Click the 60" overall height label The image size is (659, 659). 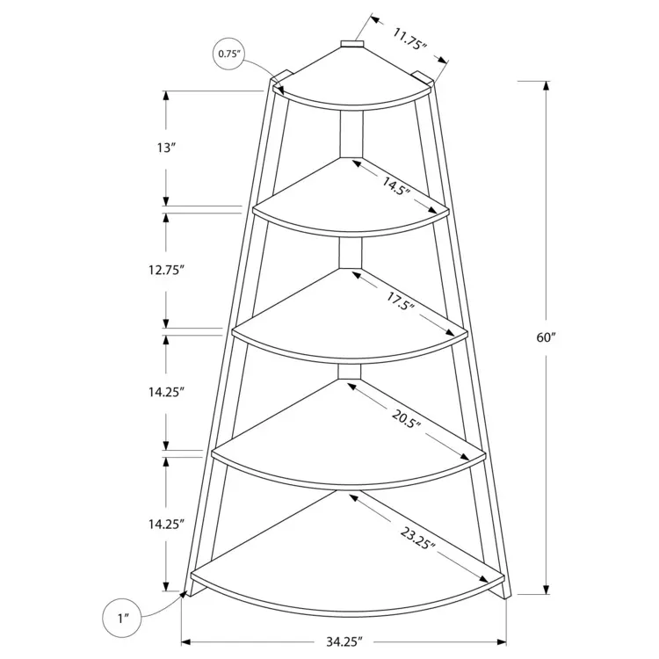546,337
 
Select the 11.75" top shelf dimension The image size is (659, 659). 409,39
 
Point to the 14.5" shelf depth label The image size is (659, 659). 395,185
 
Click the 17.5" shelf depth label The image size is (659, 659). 401,301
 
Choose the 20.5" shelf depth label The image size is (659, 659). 406,417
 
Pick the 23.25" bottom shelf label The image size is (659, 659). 417,539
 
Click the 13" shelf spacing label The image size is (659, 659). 165,148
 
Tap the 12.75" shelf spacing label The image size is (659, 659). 166,270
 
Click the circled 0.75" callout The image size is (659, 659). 229,54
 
